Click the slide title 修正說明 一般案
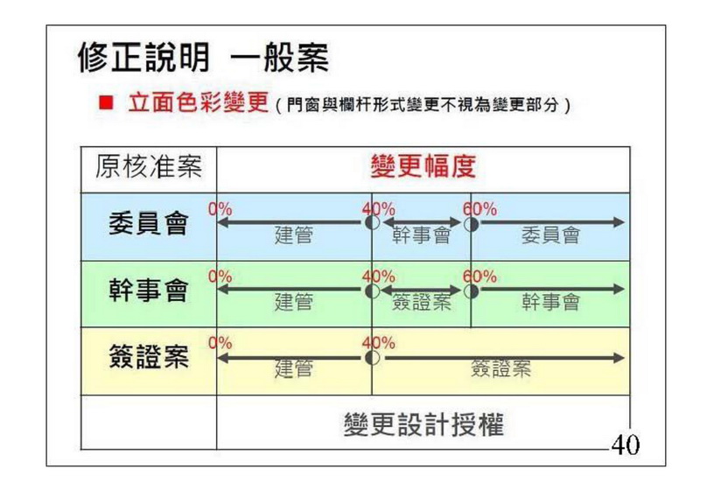203,58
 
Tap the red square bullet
106,102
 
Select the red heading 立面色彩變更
198,102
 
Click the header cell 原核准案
149,166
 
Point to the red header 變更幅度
423,166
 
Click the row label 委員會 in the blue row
149,224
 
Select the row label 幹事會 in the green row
149,290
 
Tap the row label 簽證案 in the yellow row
149,357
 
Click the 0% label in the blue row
220,209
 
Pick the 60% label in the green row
480,276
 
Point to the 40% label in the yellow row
379,343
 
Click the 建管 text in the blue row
294,235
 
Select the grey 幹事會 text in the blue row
421,235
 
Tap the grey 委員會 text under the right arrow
550,235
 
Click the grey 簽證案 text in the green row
421,302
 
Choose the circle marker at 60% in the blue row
472,224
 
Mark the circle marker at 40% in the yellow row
373,358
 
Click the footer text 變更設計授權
423,424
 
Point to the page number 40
626,444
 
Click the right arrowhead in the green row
619,289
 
